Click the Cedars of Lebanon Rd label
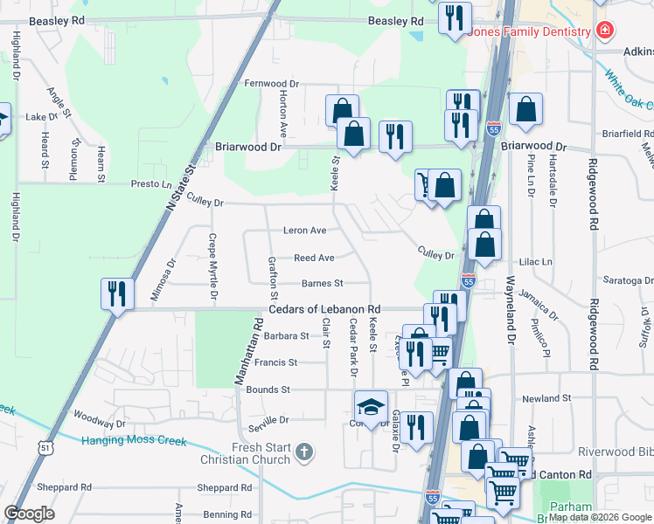(x=324, y=310)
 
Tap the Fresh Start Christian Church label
(x=261, y=454)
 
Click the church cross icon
(x=303, y=452)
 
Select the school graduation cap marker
(x=371, y=406)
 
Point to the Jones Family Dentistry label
(x=530, y=32)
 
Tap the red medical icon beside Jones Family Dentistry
(x=603, y=31)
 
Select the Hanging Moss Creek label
(x=134, y=440)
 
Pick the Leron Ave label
(x=304, y=231)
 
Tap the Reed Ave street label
(x=314, y=258)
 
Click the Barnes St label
(x=322, y=283)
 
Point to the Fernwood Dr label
(x=271, y=84)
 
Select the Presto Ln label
(x=151, y=184)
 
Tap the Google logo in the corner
(x=29, y=514)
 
